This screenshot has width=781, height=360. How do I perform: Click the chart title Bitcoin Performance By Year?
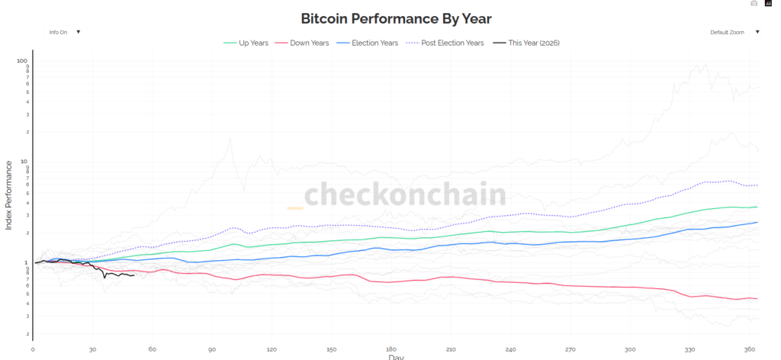pos(390,18)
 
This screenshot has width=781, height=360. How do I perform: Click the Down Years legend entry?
pos(308,43)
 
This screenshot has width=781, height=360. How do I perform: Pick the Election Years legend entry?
pos(374,43)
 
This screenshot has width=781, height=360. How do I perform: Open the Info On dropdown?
pos(64,32)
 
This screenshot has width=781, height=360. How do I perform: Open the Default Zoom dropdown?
pos(735,32)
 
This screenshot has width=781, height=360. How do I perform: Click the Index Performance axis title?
pos(9,194)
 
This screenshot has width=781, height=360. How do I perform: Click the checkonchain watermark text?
pos(405,194)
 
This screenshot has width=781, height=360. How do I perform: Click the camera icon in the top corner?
pos(754,3)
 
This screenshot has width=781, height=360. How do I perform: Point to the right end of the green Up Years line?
pos(757,207)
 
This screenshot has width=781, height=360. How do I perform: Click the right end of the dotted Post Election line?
pos(757,185)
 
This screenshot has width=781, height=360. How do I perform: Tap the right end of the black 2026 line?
pos(133,275)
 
